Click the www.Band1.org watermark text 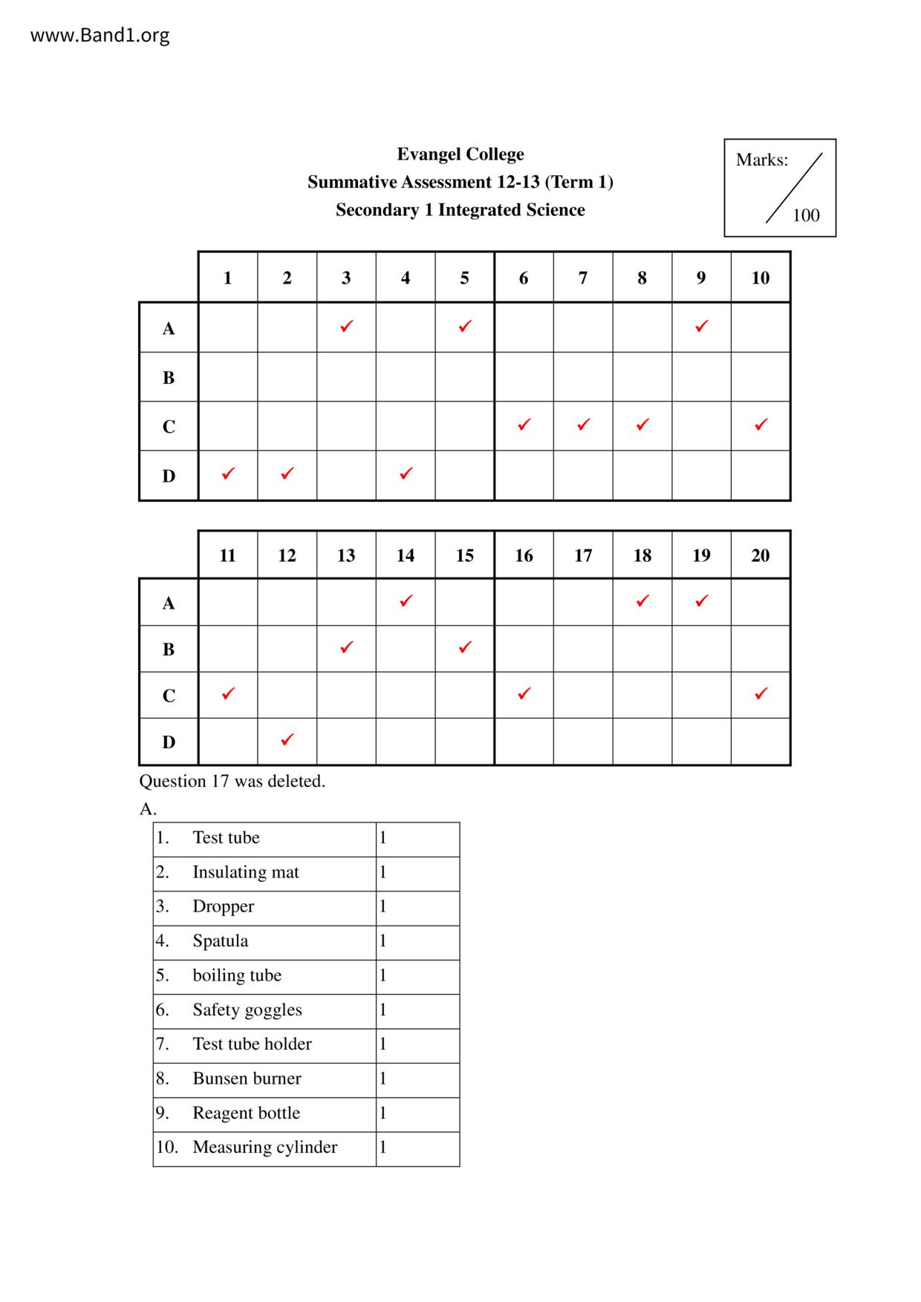pos(100,35)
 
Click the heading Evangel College pos(460,154)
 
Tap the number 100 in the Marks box pos(806,215)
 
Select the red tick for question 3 pos(346,326)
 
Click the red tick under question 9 pos(701,326)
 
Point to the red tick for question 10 pos(761,425)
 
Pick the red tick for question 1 pos(228,473)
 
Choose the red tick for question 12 pos(287,739)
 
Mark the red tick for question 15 pos(465,647)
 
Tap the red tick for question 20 pos(761,693)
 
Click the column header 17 pos(583,555)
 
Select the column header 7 pos(583,278)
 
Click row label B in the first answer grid pos(169,377)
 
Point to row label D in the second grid pos(169,742)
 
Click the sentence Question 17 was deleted pos(232,781)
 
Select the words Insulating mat pos(245,872)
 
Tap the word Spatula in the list pos(220,940)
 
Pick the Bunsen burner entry pos(247,1079)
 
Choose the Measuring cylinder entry pos(264,1147)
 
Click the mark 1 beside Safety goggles pos(383,1010)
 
